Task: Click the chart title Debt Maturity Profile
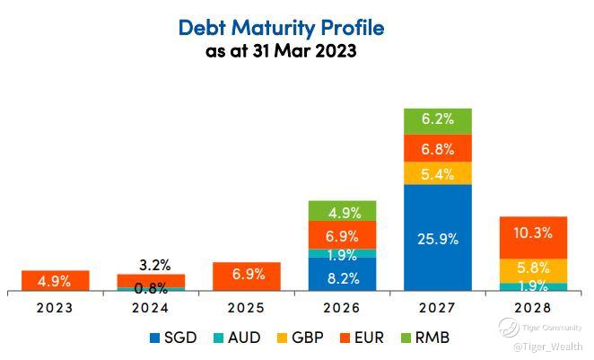[281, 28]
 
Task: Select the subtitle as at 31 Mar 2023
[281, 51]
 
